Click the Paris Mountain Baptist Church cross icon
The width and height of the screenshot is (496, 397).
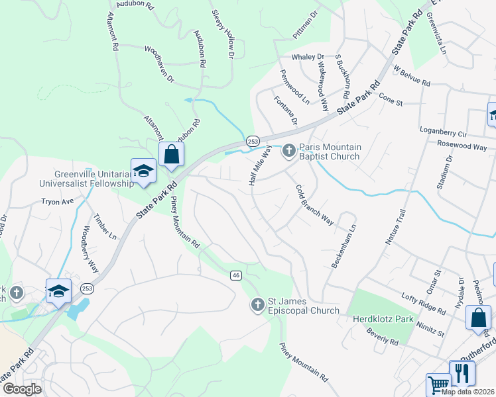coord(288,152)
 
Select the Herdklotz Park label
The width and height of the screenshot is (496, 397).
coord(381,319)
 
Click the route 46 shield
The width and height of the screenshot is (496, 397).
coord(235,275)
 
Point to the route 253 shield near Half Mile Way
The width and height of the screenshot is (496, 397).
coord(253,141)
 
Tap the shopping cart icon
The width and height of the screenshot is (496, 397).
coord(438,384)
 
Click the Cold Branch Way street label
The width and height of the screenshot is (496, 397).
coord(314,204)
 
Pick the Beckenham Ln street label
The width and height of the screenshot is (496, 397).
coord(343,245)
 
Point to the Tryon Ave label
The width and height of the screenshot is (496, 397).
coord(58,200)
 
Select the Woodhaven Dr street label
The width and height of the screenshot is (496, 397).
coord(158,64)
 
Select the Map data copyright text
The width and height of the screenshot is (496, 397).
coord(468,392)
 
